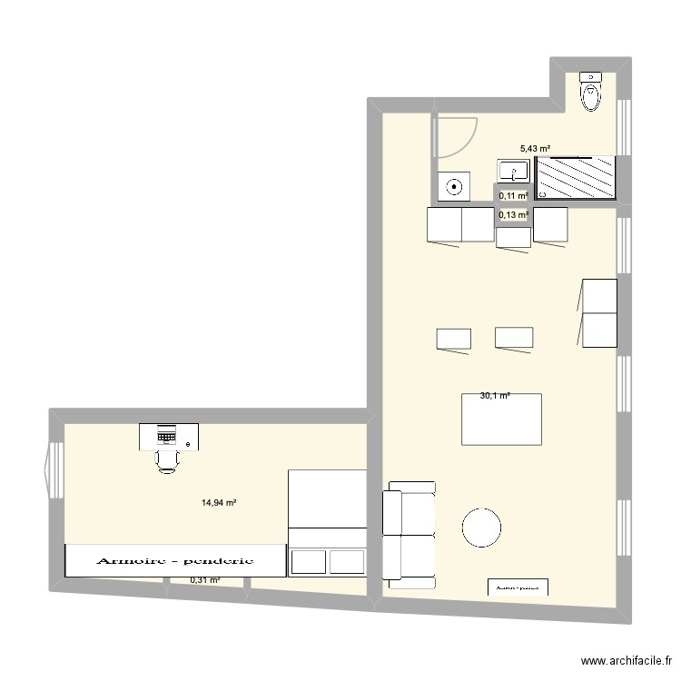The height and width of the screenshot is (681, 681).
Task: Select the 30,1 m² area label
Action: point(495,395)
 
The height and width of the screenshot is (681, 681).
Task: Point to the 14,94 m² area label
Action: point(220,502)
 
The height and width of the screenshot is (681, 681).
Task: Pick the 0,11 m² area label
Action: point(513,195)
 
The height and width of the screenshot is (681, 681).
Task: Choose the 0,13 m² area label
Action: point(513,215)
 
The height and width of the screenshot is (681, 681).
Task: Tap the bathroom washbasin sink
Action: point(513,170)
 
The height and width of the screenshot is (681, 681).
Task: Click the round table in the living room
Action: point(481,527)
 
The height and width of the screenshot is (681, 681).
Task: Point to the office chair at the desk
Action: point(167,459)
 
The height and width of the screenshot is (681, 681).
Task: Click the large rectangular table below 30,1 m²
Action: point(501,419)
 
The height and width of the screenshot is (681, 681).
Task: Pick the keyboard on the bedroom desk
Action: point(167,436)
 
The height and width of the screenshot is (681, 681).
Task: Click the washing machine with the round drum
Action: point(454,188)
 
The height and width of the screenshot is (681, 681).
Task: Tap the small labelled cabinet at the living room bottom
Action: point(519,587)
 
